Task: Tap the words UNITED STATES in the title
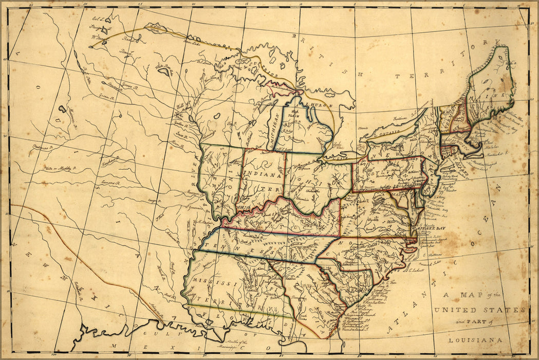[x=479, y=310]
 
